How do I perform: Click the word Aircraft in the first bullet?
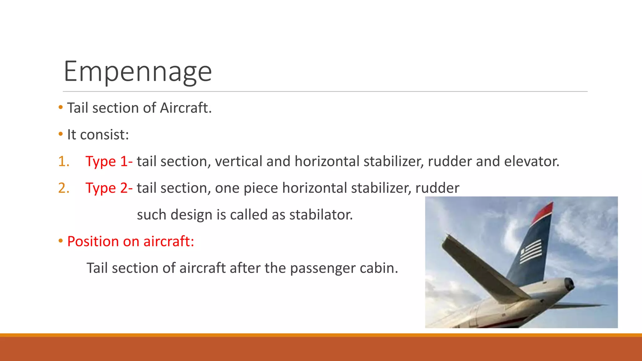pyautogui.click(x=186, y=108)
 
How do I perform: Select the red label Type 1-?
pyautogui.click(x=109, y=161)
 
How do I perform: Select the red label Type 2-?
pyautogui.click(x=109, y=188)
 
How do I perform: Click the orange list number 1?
pyautogui.click(x=63, y=161)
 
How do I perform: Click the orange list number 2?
pyautogui.click(x=63, y=188)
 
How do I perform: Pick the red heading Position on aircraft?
pyautogui.click(x=131, y=242)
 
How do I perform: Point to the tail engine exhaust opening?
pyautogui.click(x=569, y=285)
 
